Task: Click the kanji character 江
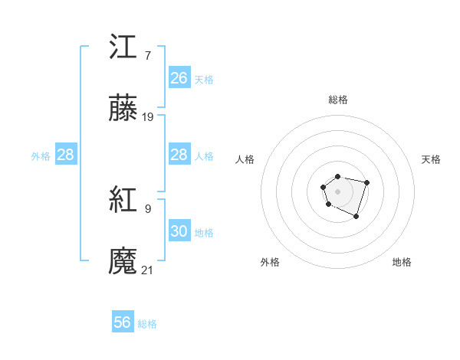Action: (x=123, y=47)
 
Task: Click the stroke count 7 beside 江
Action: (x=147, y=55)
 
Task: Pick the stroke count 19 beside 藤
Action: (x=148, y=117)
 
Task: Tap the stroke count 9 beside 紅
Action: (x=147, y=208)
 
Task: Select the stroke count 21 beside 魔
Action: (x=148, y=270)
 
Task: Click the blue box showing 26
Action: (x=179, y=78)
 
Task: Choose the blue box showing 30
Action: (x=179, y=231)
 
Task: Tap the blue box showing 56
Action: (x=123, y=322)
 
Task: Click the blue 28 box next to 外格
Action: (x=66, y=155)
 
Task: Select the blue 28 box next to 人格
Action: (x=179, y=155)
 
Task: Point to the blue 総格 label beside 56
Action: (x=147, y=324)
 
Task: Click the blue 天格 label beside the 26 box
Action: (x=204, y=80)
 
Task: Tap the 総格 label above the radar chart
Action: (x=337, y=100)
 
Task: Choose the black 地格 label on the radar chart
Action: (x=402, y=262)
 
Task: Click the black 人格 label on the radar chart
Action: (x=245, y=159)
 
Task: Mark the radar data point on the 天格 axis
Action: (x=367, y=182)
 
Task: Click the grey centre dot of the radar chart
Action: (x=337, y=191)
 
